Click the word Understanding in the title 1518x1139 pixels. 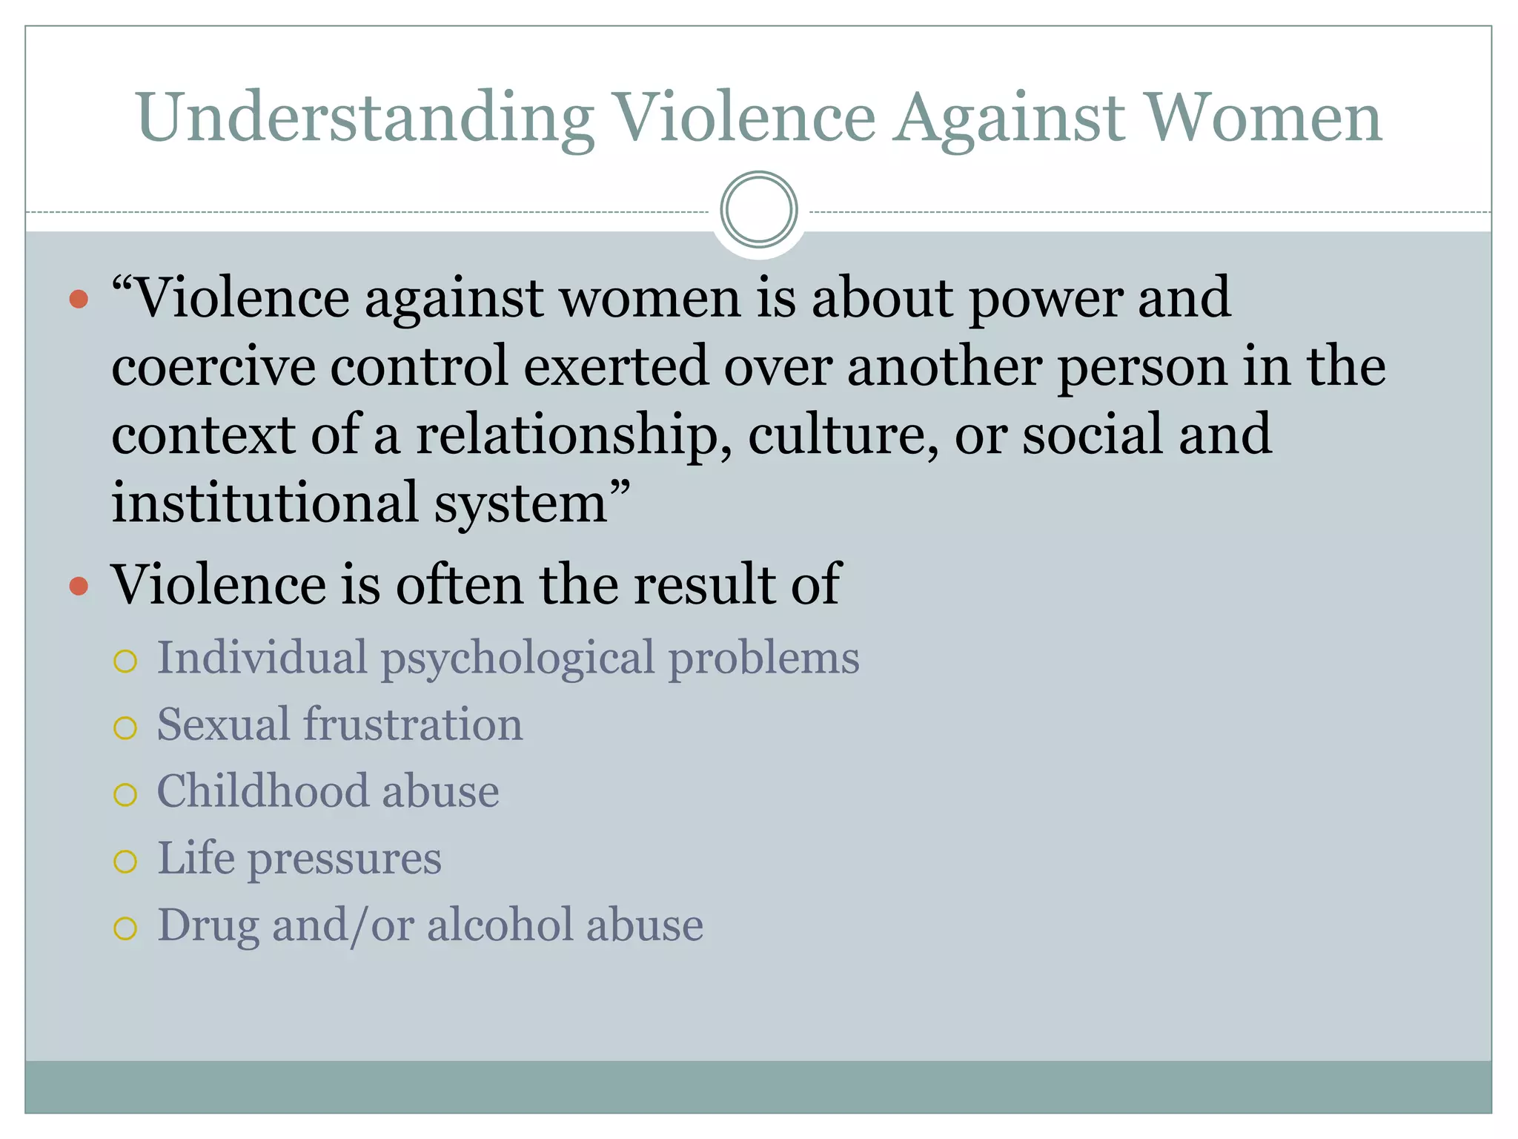pos(365,119)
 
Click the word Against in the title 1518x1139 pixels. pos(1010,119)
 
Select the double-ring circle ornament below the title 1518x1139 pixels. pos(758,210)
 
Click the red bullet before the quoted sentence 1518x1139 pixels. pos(79,299)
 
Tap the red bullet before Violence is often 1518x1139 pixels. pos(79,587)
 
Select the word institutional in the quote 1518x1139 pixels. pos(265,502)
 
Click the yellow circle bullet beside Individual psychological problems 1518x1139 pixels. pos(125,661)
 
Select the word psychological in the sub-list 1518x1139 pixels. pos(517,658)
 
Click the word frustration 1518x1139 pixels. pos(413,724)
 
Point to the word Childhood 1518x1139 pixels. pos(262,791)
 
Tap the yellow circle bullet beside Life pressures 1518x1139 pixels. pos(125,861)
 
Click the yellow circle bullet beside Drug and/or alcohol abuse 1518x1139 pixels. pos(125,928)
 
